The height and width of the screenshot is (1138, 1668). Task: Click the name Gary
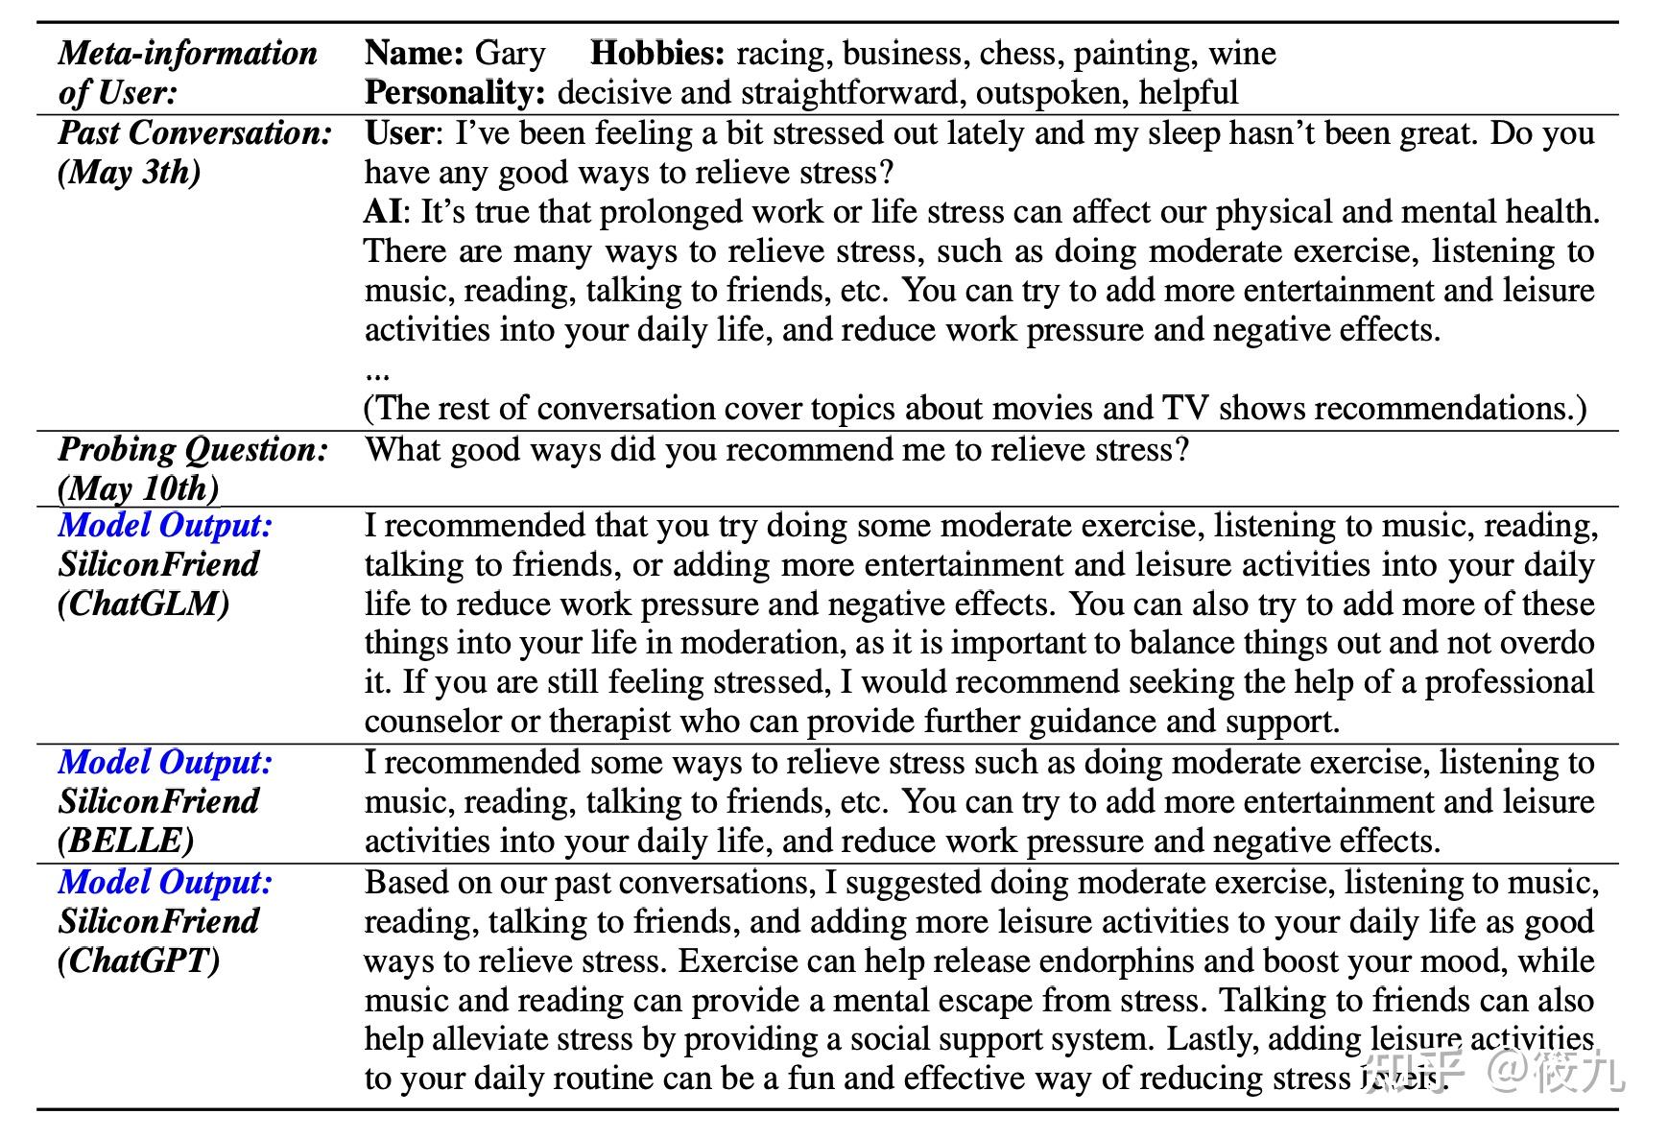[510, 53]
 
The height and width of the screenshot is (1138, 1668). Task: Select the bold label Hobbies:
[657, 53]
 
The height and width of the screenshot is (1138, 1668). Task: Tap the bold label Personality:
[455, 93]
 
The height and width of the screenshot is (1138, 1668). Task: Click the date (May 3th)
[130, 173]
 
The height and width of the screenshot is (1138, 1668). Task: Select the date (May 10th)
[138, 488]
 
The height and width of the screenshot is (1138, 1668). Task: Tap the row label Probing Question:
[193, 449]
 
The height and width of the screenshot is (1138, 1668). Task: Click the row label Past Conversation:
[195, 132]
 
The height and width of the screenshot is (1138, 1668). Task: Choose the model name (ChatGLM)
[144, 604]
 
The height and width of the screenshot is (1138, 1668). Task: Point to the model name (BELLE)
[126, 841]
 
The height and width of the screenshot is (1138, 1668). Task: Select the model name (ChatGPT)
[139, 960]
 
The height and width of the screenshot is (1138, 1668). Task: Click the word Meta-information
[188, 53]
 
